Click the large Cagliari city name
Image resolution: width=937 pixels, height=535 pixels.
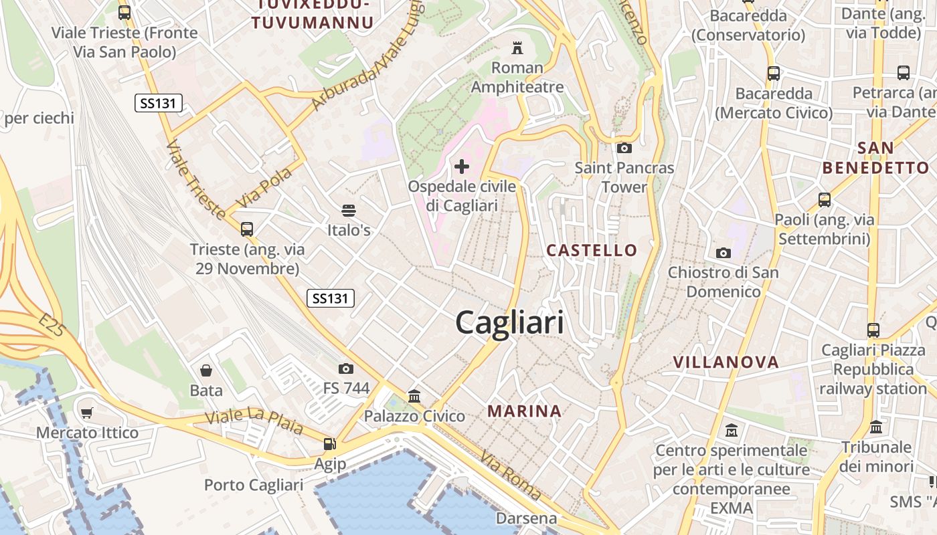(509, 323)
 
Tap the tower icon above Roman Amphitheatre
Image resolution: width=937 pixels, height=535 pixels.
(517, 47)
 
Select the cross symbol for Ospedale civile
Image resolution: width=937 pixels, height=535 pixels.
(462, 166)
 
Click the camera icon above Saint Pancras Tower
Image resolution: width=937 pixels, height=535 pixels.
(624, 148)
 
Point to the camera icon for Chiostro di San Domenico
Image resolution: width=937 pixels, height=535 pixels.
(723, 253)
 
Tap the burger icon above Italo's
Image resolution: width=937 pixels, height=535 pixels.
(348, 211)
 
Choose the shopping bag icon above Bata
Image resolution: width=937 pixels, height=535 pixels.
(206, 370)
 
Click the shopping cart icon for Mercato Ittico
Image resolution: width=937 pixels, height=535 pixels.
(86, 413)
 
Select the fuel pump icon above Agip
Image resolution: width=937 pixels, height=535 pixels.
(329, 443)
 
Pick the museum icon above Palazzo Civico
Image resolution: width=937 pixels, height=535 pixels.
(414, 397)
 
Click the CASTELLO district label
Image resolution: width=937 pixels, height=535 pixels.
(592, 250)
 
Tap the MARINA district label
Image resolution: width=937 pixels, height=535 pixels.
(524, 411)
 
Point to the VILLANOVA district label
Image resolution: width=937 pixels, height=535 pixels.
(726, 362)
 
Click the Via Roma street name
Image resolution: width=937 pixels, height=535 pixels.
(511, 475)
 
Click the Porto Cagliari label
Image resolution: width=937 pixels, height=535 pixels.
(254, 485)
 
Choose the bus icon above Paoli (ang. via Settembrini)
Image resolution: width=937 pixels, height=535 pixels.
(825, 199)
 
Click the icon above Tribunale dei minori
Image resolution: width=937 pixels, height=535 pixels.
(876, 427)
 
